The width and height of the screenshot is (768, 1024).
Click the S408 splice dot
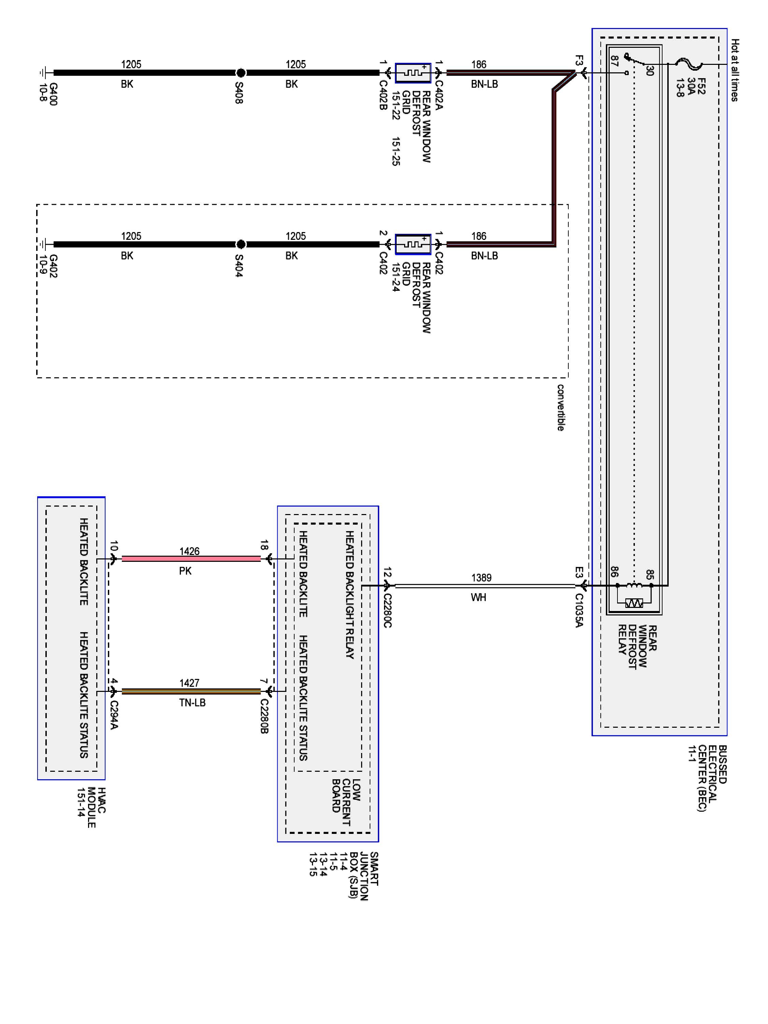pyautogui.click(x=240, y=73)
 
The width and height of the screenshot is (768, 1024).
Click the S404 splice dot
pyautogui.click(x=240, y=244)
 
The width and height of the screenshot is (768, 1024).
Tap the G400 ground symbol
pyautogui.click(x=43, y=73)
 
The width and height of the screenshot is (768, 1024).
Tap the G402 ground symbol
pyautogui.click(x=43, y=244)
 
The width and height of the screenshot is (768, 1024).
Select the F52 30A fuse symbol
pyautogui.click(x=689, y=65)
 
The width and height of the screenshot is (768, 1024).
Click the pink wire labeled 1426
pyautogui.click(x=191, y=559)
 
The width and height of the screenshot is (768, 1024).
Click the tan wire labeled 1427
pyautogui.click(x=191, y=691)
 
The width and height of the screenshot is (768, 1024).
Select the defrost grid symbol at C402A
pyautogui.click(x=412, y=73)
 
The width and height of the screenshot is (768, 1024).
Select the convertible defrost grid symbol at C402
pyautogui.click(x=412, y=244)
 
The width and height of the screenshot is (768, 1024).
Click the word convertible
pyautogui.click(x=560, y=407)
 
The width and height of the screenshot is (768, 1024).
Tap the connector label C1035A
pyautogui.click(x=579, y=610)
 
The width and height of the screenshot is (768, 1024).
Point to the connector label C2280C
pyautogui.click(x=387, y=610)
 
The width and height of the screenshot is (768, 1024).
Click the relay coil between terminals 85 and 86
pyautogui.click(x=634, y=586)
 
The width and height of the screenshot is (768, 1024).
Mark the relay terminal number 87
pyautogui.click(x=614, y=61)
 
